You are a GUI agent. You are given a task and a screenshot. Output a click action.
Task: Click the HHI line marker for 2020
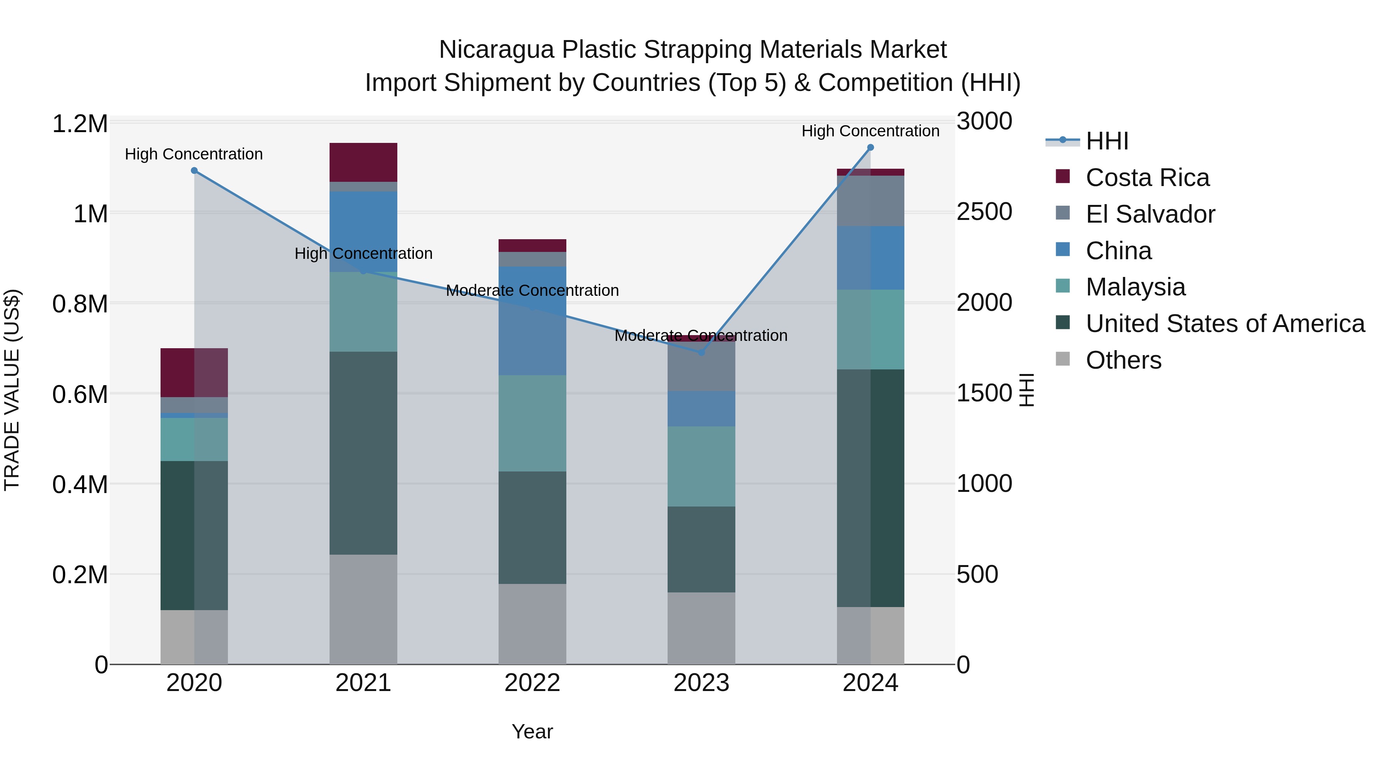(194, 171)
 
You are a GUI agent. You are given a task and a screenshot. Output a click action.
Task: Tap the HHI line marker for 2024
(870, 148)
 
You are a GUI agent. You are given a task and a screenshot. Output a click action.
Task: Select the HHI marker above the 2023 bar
(701, 352)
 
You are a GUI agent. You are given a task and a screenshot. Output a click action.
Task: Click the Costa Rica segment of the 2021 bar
(363, 162)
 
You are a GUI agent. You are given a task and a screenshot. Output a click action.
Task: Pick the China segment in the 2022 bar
(532, 321)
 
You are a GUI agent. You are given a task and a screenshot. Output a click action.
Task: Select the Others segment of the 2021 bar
(363, 609)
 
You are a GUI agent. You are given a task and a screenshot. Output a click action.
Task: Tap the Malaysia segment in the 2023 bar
(701, 466)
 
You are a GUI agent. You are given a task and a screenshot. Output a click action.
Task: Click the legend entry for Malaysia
(1135, 287)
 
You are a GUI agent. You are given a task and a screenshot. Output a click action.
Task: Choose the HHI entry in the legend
(1107, 141)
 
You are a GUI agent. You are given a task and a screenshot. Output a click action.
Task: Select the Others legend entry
(1123, 360)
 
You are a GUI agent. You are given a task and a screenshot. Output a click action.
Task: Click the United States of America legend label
(1225, 324)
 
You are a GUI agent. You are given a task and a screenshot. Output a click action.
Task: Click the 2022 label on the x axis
(532, 683)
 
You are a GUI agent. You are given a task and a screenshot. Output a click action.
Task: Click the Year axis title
(532, 731)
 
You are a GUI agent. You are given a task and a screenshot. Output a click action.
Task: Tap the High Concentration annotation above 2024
(870, 131)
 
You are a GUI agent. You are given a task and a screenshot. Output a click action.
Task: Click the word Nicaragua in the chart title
(496, 50)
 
